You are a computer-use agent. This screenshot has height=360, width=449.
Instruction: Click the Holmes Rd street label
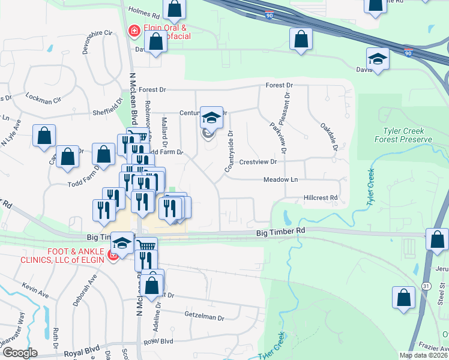point(145,12)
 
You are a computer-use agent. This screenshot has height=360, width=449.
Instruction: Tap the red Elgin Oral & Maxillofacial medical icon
point(134,29)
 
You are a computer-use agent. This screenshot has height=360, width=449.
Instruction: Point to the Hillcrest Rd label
point(321,197)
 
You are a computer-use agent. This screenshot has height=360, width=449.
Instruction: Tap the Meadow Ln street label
point(280,179)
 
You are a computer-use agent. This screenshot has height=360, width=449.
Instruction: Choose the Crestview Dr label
point(258,162)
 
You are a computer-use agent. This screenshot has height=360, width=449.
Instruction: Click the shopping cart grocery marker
point(146,245)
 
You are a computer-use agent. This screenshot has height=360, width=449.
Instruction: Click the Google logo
point(19,352)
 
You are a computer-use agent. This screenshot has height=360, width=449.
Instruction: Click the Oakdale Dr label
point(329,137)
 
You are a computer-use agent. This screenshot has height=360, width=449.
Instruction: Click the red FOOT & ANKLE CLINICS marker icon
point(112,256)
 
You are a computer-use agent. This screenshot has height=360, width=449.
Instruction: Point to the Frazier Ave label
point(431,347)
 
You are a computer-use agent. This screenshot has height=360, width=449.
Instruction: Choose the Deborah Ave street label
point(85,290)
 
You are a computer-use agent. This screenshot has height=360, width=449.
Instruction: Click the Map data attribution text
point(423,355)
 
